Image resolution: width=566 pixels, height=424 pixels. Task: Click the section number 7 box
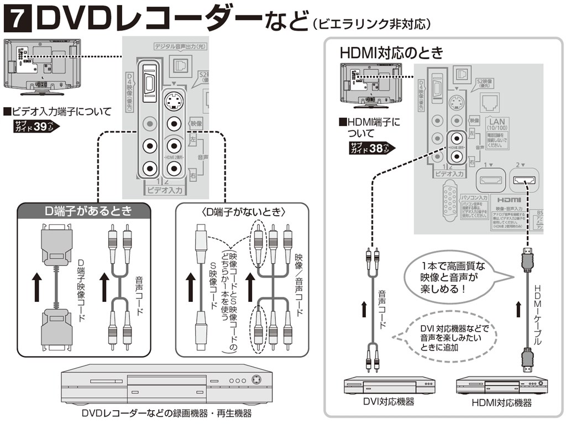pos(17,20)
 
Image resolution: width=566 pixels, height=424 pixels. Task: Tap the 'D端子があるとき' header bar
pos(83,211)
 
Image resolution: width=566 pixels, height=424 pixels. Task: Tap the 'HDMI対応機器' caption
pos(501,402)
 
